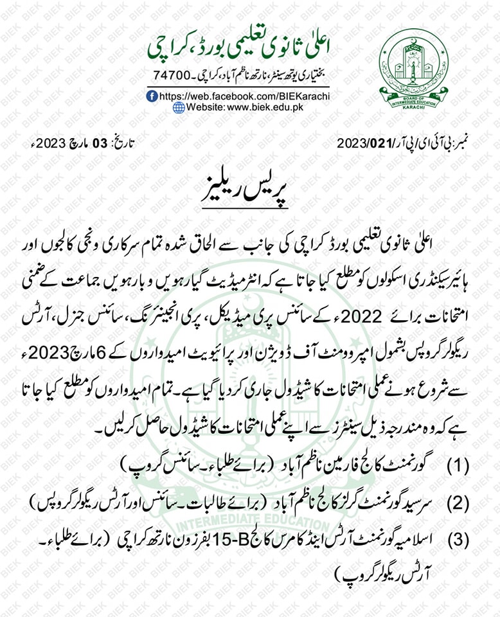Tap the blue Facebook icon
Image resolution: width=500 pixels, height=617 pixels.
coord(152,95)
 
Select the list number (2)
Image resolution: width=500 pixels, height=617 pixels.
coord(458,503)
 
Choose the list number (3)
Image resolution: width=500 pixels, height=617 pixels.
coord(458,541)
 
